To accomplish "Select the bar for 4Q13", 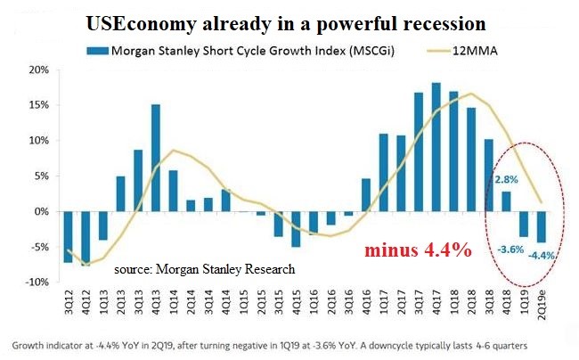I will tap(155, 158).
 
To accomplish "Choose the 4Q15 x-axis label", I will tap(295, 307).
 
